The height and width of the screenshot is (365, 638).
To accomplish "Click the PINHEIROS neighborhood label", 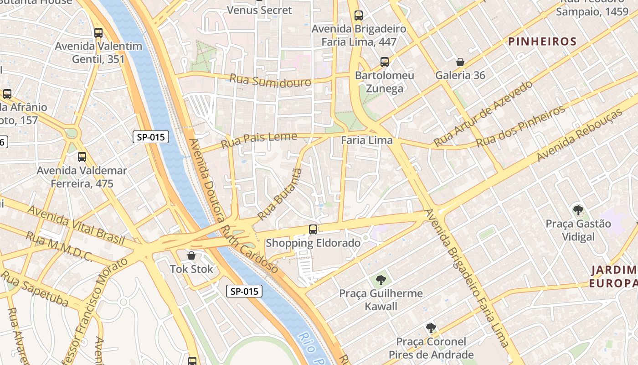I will tap(542, 42).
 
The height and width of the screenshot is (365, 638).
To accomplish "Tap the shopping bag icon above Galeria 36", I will tap(460, 62).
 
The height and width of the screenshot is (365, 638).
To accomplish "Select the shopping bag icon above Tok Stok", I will tap(191, 255).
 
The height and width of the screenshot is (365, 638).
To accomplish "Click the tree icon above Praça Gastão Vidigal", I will tap(578, 210).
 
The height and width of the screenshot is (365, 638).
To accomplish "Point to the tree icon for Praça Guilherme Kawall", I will tap(381, 280).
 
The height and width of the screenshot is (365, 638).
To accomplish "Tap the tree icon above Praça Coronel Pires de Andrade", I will tap(431, 328).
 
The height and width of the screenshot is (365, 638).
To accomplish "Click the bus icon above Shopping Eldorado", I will tap(313, 229).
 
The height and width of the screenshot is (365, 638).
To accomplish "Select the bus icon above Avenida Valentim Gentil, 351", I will tap(98, 33).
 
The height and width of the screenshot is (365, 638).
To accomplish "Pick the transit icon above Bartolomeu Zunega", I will tap(385, 62).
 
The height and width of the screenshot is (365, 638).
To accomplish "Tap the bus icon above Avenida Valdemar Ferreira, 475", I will tap(82, 157).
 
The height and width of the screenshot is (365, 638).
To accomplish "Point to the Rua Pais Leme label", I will tap(259, 140).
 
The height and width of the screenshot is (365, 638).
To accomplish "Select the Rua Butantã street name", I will tap(280, 194).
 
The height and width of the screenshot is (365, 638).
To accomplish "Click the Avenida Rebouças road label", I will tap(580, 136).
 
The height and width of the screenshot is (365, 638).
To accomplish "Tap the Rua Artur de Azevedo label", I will tap(483, 114).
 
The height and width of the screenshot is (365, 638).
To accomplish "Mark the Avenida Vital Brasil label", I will tap(76, 222).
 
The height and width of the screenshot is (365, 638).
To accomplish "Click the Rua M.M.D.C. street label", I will tap(59, 247).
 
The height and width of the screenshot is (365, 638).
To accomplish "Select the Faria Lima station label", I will tap(366, 140).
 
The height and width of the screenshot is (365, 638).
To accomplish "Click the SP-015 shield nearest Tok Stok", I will tap(244, 291).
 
